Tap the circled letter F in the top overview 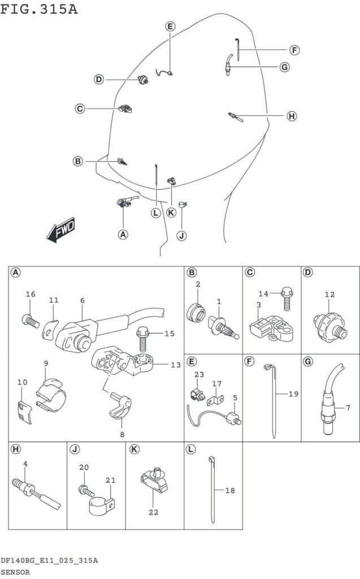tap(294, 50)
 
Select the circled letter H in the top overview tap(291, 116)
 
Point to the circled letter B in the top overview tap(78, 161)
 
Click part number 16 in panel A tap(31, 294)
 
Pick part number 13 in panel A tap(175, 365)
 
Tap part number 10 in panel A tap(22, 382)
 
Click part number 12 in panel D tap(329, 294)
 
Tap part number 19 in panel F tap(293, 394)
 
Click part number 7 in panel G tap(348, 407)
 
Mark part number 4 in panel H tap(25, 463)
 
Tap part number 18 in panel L tap(229, 491)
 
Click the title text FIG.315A tap(39, 10)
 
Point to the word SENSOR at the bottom tap(16, 572)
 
